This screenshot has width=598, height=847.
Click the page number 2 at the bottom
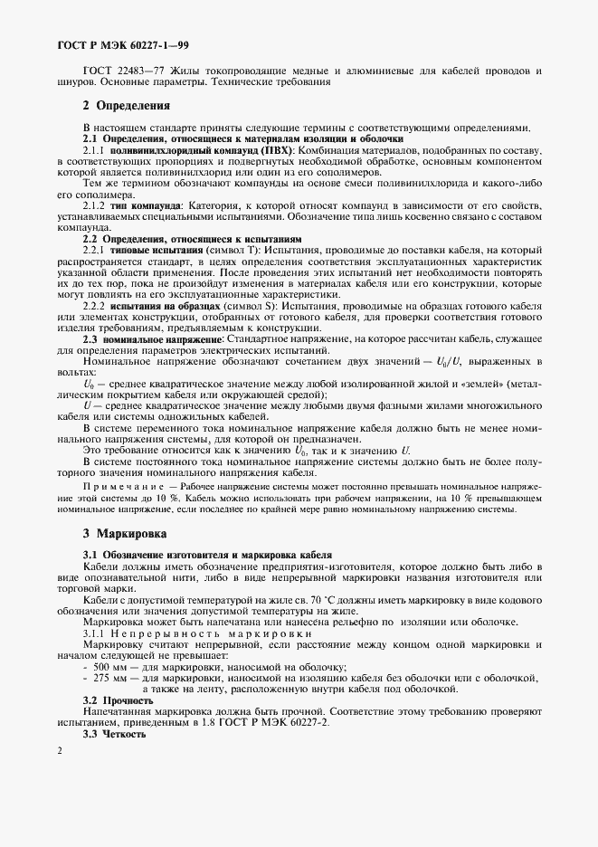(59, 750)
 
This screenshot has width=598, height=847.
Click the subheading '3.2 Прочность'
(119, 700)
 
